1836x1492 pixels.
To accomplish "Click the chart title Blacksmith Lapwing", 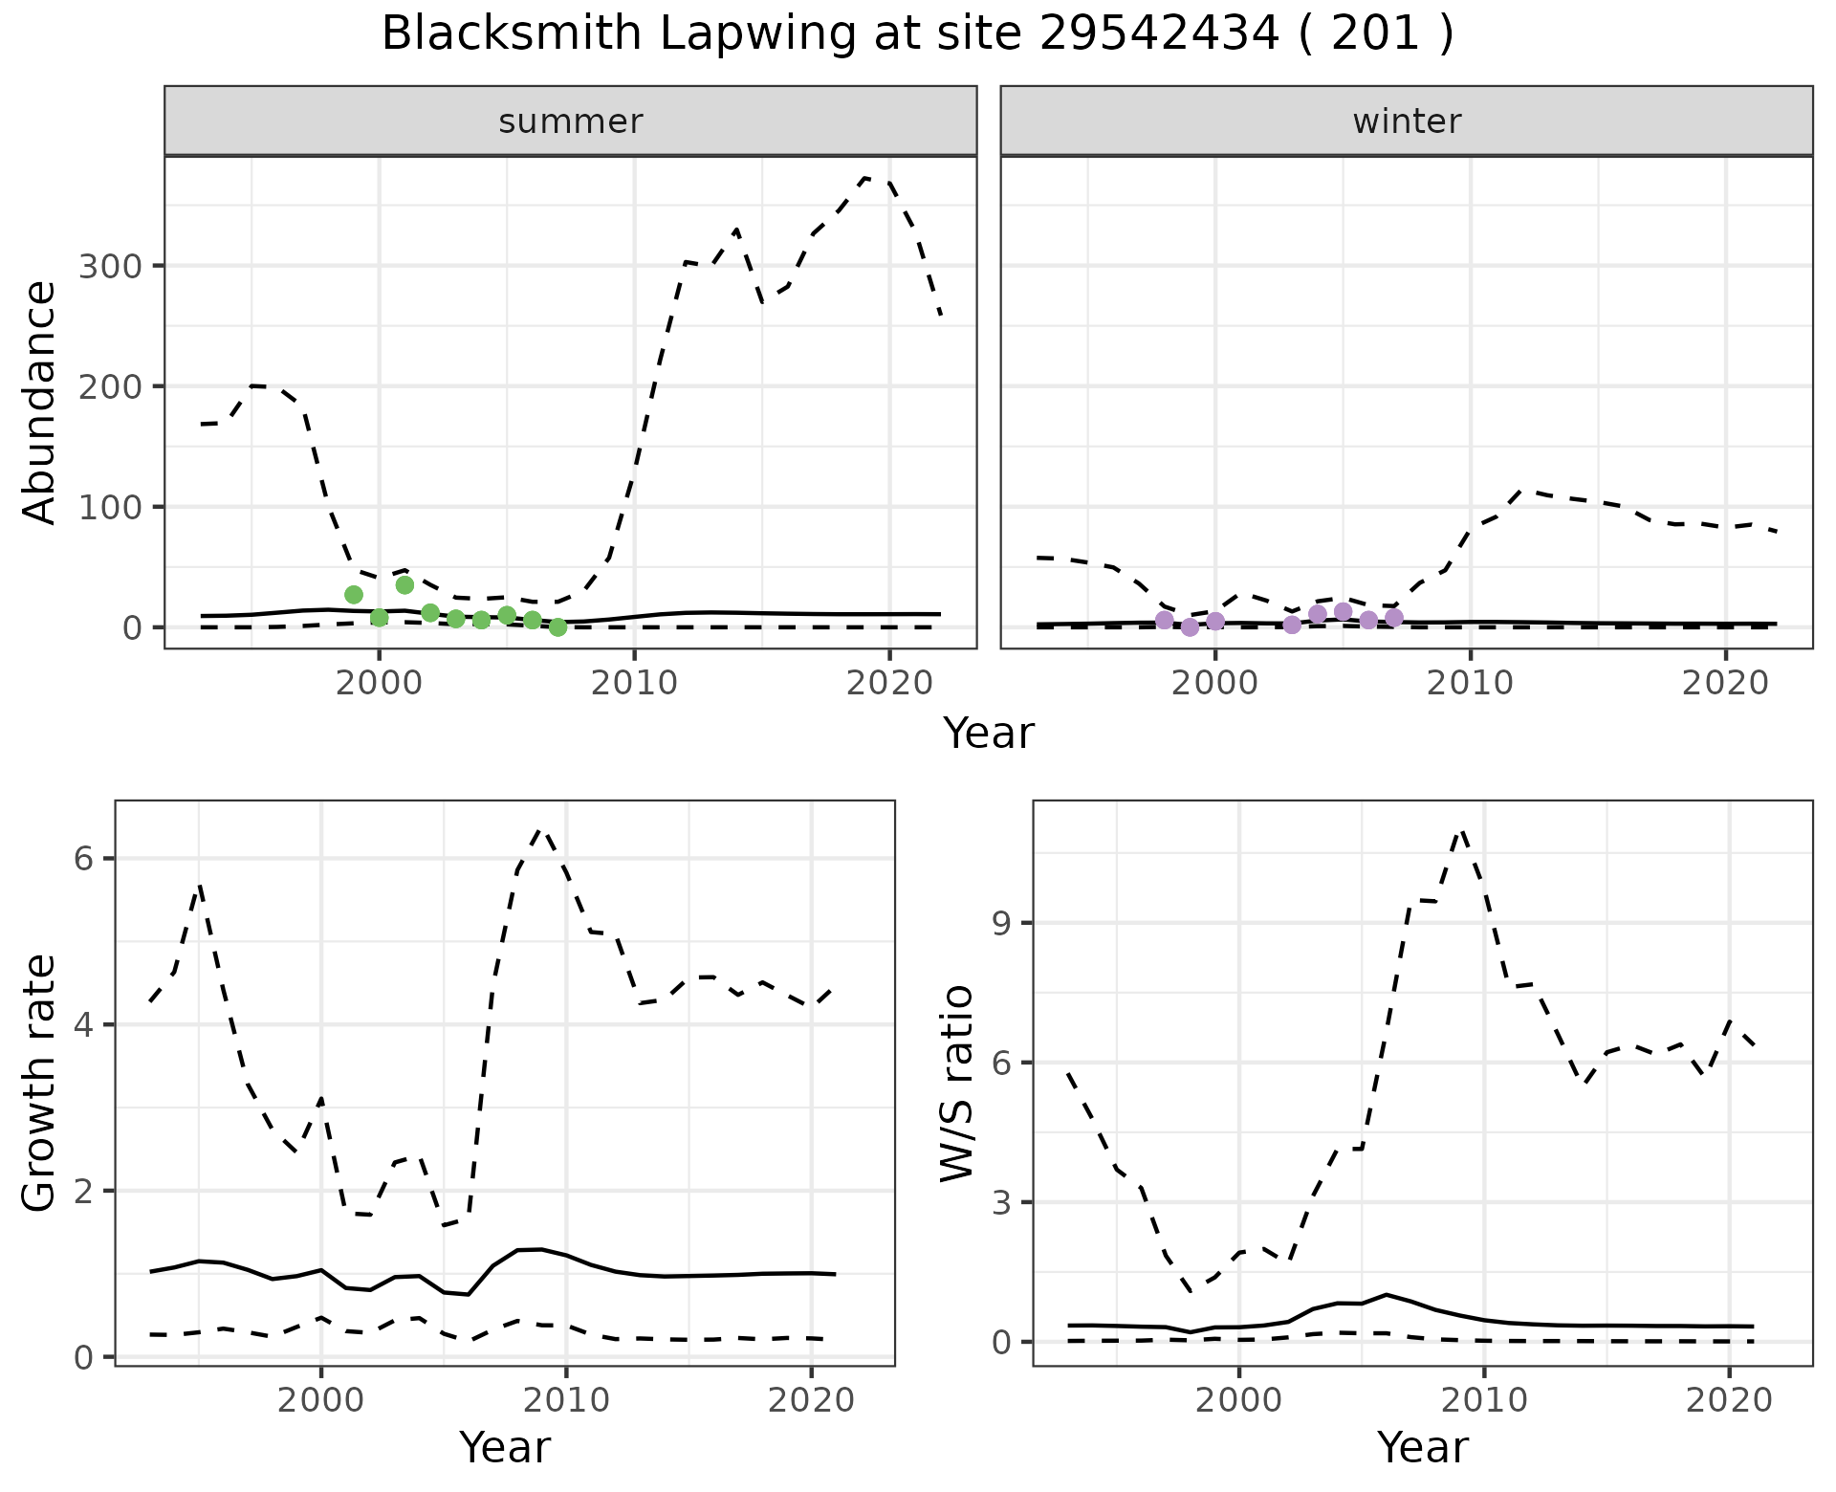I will tap(917, 34).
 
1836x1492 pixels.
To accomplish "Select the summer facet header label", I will tap(571, 121).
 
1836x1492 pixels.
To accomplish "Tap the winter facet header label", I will tap(1407, 121).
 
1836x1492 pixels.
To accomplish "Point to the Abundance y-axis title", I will tap(40, 403).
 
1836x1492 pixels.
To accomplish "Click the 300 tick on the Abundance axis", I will tap(109, 266).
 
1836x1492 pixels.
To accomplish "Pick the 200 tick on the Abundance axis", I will tap(109, 386).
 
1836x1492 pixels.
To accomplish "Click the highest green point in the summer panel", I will tap(404, 584).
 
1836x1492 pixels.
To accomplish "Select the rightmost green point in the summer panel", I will tap(558, 627).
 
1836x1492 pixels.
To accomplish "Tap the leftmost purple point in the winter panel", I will tap(1164, 620).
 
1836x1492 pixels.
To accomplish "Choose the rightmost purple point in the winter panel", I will tap(1394, 618).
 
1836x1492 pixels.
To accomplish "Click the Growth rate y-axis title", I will tap(40, 1084).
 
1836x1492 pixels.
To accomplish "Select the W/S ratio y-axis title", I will tap(957, 1084).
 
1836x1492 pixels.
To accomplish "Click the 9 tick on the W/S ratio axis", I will tap(1000, 923).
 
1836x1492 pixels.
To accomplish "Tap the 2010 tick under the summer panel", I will tap(634, 684).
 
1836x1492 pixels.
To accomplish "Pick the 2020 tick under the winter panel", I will tap(1725, 684).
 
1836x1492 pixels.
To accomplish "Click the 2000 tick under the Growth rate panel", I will tap(320, 1401).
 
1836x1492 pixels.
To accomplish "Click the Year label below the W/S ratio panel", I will tap(1423, 1447).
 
